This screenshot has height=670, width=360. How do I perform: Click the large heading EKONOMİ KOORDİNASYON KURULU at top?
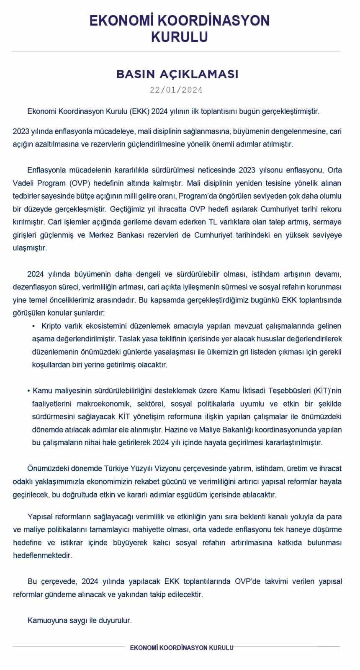coord(180,28)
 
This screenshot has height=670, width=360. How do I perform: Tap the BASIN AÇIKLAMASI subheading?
coord(177,74)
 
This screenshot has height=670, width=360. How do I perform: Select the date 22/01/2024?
coord(176,90)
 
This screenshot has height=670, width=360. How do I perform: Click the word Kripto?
coord(51,326)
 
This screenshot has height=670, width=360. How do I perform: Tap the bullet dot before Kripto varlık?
coord(33,326)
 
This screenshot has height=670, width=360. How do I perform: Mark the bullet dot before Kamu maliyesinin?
coord(28,391)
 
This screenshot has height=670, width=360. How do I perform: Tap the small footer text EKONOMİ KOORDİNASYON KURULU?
coord(182,647)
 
